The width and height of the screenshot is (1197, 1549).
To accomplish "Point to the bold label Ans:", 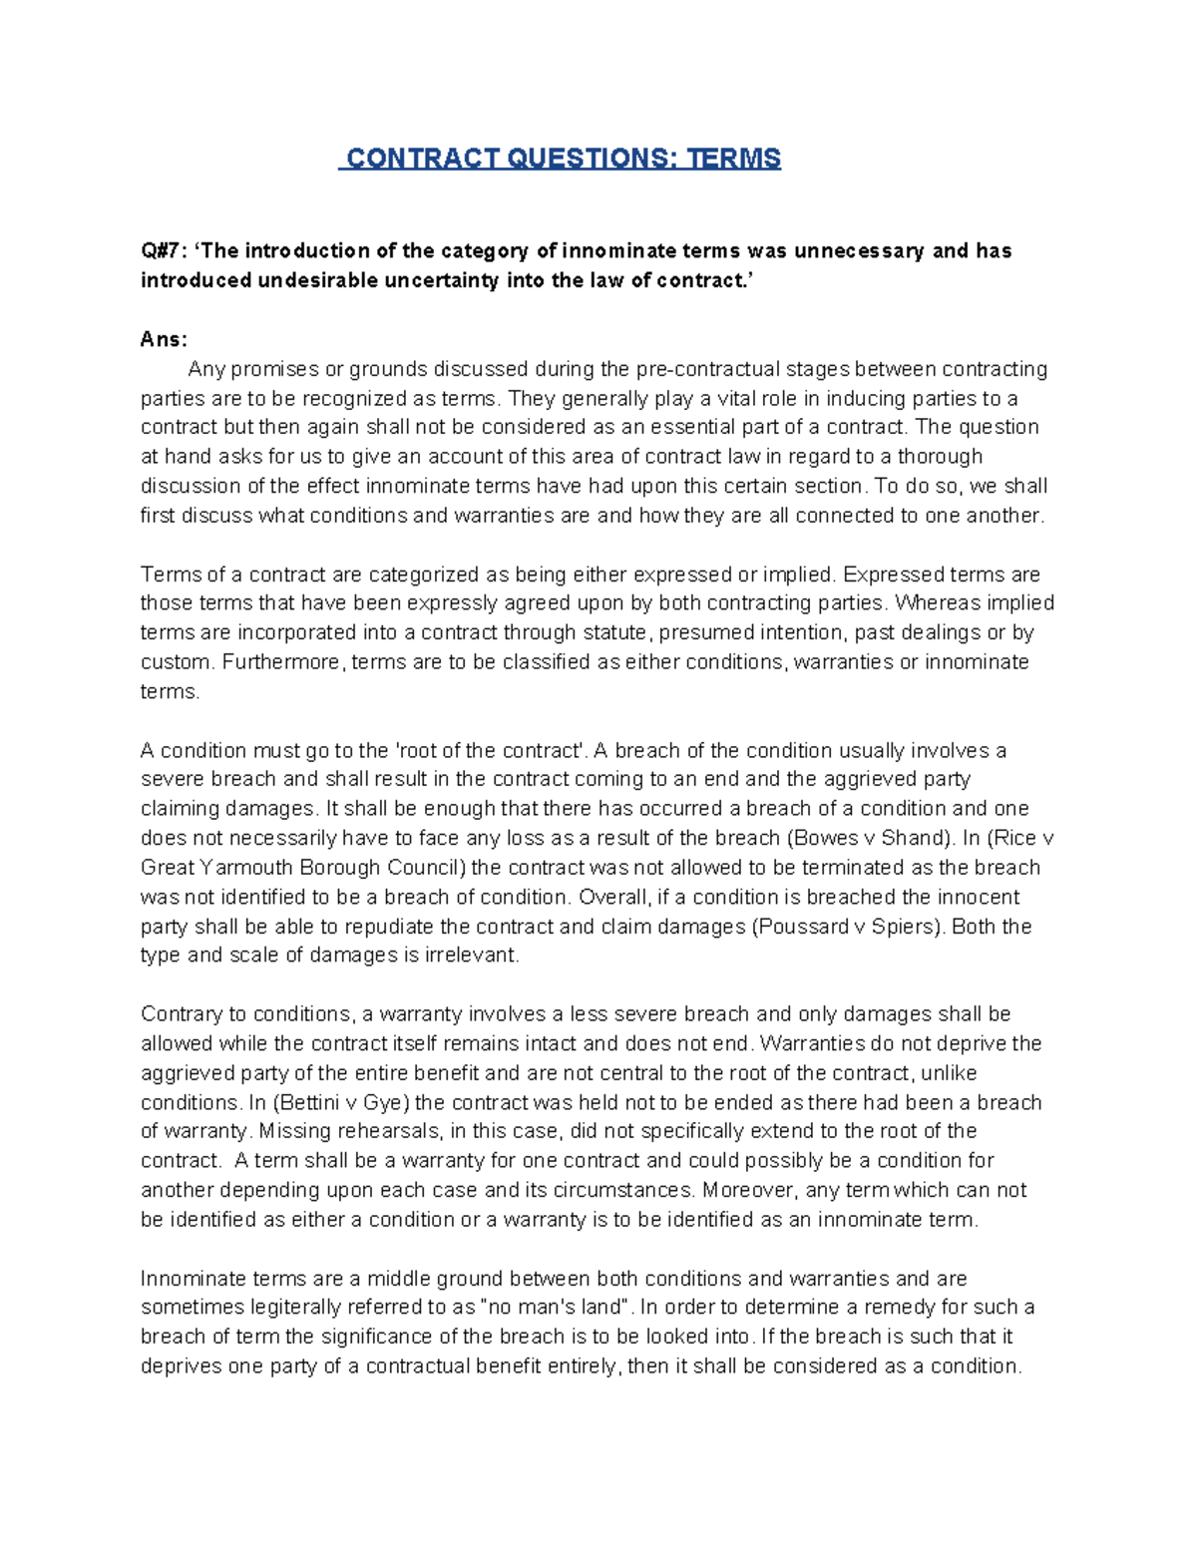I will click(x=164, y=339).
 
